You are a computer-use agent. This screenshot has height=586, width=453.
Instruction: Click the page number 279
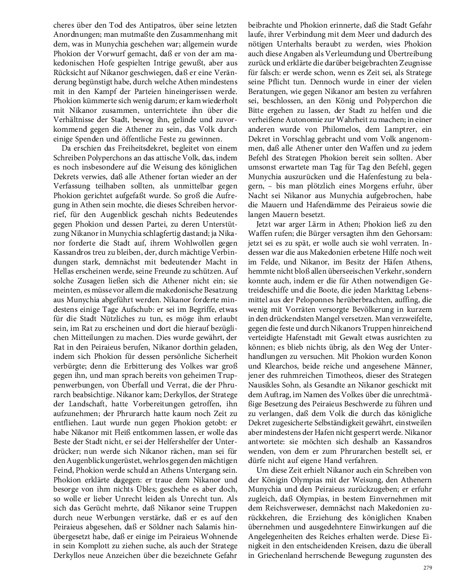[427, 568]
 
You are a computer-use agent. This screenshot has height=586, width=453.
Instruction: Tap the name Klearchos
[267, 378]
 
